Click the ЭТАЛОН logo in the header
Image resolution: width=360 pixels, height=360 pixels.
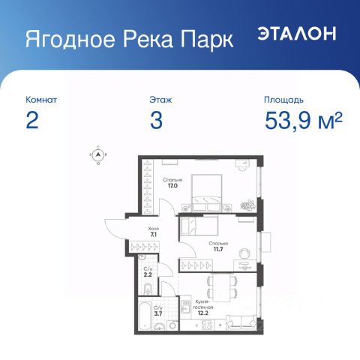tap(298, 34)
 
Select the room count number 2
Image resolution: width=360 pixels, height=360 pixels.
tap(31, 121)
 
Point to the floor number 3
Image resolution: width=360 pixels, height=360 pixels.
tap(156, 121)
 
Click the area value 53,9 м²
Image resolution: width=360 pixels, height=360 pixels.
tap(303, 121)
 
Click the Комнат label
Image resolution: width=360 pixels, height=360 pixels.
tap(40, 99)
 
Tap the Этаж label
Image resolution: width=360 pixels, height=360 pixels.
tap(160, 99)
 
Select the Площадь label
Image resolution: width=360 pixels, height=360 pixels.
tap(283, 99)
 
